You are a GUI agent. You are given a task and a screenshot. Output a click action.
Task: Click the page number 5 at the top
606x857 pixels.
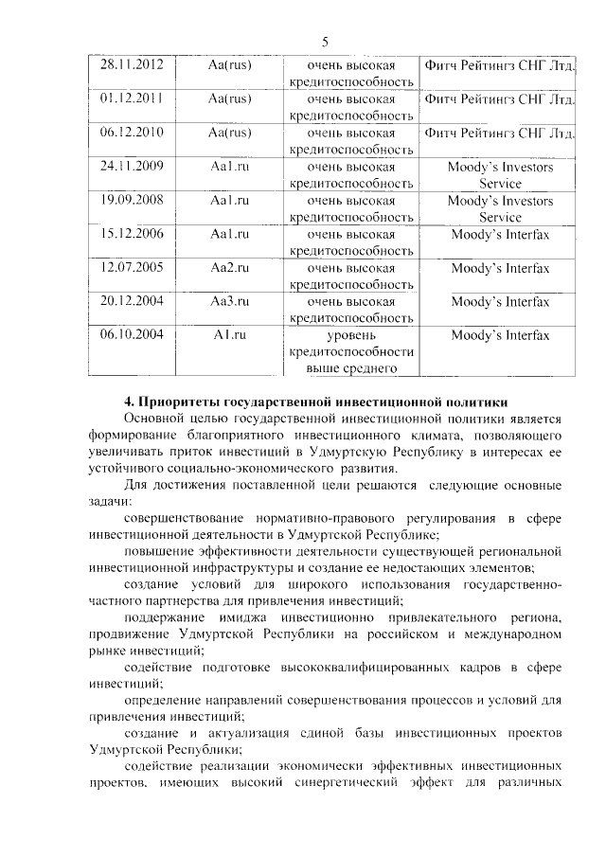(325, 42)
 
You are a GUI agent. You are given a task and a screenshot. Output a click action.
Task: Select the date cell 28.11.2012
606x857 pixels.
(133, 65)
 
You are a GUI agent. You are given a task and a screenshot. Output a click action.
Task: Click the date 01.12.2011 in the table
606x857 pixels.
(133, 98)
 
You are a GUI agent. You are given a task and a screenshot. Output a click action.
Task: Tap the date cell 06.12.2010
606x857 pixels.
(133, 133)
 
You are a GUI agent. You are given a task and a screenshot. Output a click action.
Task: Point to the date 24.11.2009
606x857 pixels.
(133, 167)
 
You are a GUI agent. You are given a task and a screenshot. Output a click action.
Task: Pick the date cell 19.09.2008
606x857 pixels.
(133, 201)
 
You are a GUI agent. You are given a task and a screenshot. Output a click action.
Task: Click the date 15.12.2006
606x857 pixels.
(133, 234)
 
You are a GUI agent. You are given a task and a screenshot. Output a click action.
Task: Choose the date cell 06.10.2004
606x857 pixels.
(133, 335)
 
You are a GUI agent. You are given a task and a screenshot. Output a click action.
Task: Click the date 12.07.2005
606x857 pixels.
(133, 268)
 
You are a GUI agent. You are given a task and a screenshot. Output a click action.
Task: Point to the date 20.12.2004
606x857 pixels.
(133, 302)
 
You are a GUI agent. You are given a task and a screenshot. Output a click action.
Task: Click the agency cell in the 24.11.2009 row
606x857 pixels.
(500, 175)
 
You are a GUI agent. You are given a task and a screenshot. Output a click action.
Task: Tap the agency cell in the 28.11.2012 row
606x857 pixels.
(500, 65)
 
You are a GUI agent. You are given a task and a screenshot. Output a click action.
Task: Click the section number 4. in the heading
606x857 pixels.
(131, 402)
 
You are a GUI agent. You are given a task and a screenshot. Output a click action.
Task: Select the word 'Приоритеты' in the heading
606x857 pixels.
(182, 402)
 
